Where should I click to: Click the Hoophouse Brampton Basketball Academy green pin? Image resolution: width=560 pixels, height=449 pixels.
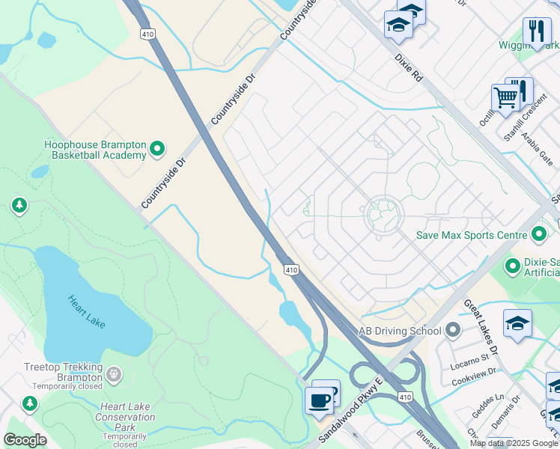pos(157,149)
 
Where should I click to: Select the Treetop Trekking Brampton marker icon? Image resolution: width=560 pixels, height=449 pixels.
pos(113,373)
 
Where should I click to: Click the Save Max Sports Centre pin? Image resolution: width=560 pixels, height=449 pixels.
pos(539,235)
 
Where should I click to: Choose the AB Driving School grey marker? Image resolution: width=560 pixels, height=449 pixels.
pos(451,330)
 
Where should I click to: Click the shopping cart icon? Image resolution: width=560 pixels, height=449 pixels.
pos(505,98)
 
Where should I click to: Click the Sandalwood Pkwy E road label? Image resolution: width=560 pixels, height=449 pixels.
pos(350,409)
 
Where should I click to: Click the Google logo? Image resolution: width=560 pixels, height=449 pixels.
pos(25,440)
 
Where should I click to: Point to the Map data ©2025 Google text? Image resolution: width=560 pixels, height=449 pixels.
pos(514,443)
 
